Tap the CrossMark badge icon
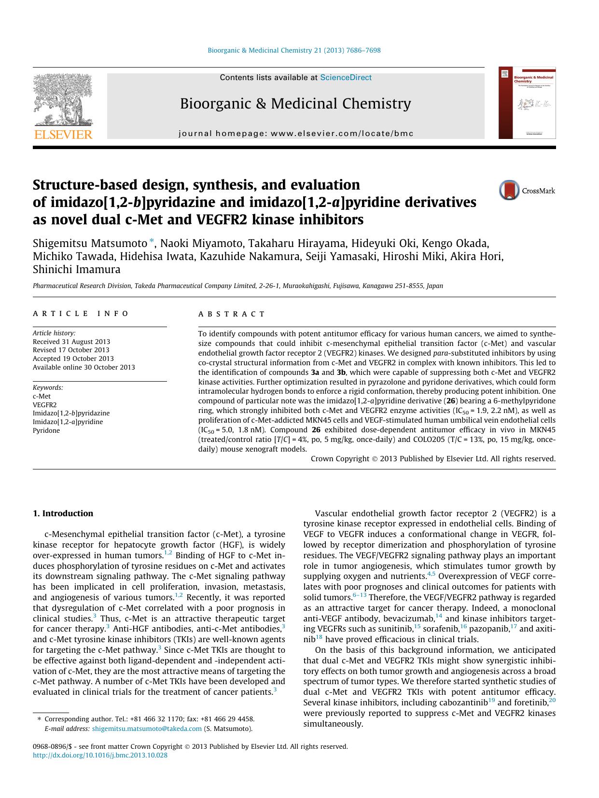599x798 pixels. [x=509, y=190]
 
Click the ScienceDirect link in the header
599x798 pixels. [x=346, y=78]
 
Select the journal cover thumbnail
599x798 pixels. [x=527, y=103]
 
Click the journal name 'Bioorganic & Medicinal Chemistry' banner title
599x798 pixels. [x=295, y=104]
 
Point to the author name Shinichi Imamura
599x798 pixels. [x=77, y=269]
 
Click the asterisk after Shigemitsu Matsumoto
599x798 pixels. [x=152, y=241]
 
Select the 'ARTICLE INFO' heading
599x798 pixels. [x=81, y=314]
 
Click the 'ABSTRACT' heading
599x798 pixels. [x=232, y=314]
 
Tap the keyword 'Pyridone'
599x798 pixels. [x=46, y=430]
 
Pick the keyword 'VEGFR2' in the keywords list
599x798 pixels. [x=44, y=405]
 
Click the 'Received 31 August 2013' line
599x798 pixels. [x=71, y=342]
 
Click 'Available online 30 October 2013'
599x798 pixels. [x=84, y=367]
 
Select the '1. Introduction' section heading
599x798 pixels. [x=63, y=513]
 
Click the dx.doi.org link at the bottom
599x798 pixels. [x=100, y=755]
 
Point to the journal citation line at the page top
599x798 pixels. [x=294, y=50]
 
